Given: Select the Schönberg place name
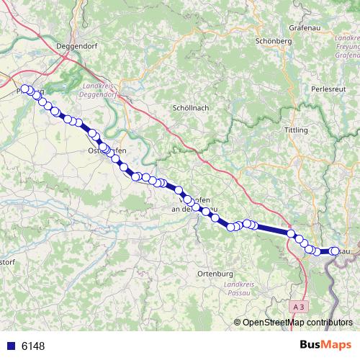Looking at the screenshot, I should (x=273, y=41).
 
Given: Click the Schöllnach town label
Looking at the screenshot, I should (x=191, y=107).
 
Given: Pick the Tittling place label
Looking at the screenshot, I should (x=296, y=130).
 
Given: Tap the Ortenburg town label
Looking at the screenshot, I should (x=215, y=274).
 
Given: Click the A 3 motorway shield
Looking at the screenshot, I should (x=299, y=307).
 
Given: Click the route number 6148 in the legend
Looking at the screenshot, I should (x=33, y=346).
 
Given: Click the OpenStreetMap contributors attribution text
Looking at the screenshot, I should (x=297, y=322).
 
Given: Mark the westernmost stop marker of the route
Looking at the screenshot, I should (x=24, y=89).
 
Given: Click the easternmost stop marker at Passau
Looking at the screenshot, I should (x=334, y=251).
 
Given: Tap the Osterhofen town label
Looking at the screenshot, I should (x=107, y=150).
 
